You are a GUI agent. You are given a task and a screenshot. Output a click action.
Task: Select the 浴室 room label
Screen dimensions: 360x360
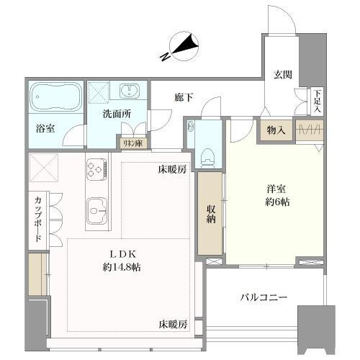click(x=45, y=130)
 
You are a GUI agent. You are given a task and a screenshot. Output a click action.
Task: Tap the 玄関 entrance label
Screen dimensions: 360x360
click(x=282, y=73)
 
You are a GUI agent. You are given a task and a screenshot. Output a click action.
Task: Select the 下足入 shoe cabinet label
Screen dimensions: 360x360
click(x=317, y=100)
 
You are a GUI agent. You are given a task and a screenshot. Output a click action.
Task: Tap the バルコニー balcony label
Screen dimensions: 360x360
click(x=264, y=297)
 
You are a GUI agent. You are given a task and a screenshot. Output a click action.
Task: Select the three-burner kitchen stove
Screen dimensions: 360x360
click(x=97, y=171)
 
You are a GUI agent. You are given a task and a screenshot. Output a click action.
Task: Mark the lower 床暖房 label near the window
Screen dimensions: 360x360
click(x=173, y=325)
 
